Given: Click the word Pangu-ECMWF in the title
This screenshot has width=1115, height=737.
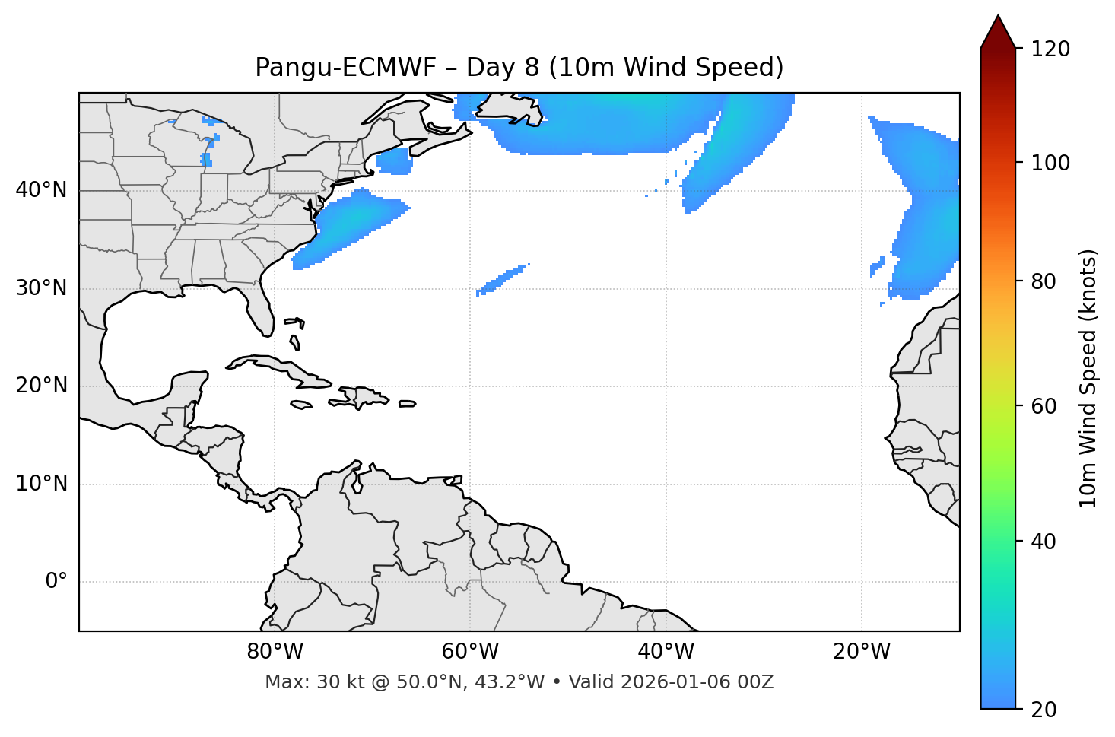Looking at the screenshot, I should point(345,68).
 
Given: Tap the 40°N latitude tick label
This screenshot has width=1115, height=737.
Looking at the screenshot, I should point(41,190).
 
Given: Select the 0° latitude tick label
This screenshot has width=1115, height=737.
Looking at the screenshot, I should point(56,582).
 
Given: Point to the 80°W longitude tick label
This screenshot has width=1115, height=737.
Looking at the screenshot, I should point(275,652).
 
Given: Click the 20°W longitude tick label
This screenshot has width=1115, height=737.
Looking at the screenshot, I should point(862,652).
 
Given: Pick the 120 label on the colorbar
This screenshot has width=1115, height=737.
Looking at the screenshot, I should point(1050,49).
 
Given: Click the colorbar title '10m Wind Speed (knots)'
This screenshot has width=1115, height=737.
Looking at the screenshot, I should point(1088,378).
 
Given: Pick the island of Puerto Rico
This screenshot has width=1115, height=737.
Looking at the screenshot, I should point(407,404).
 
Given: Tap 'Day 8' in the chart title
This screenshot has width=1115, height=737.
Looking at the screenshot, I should point(502,68).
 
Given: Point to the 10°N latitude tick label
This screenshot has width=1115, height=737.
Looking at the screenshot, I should point(41,484).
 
